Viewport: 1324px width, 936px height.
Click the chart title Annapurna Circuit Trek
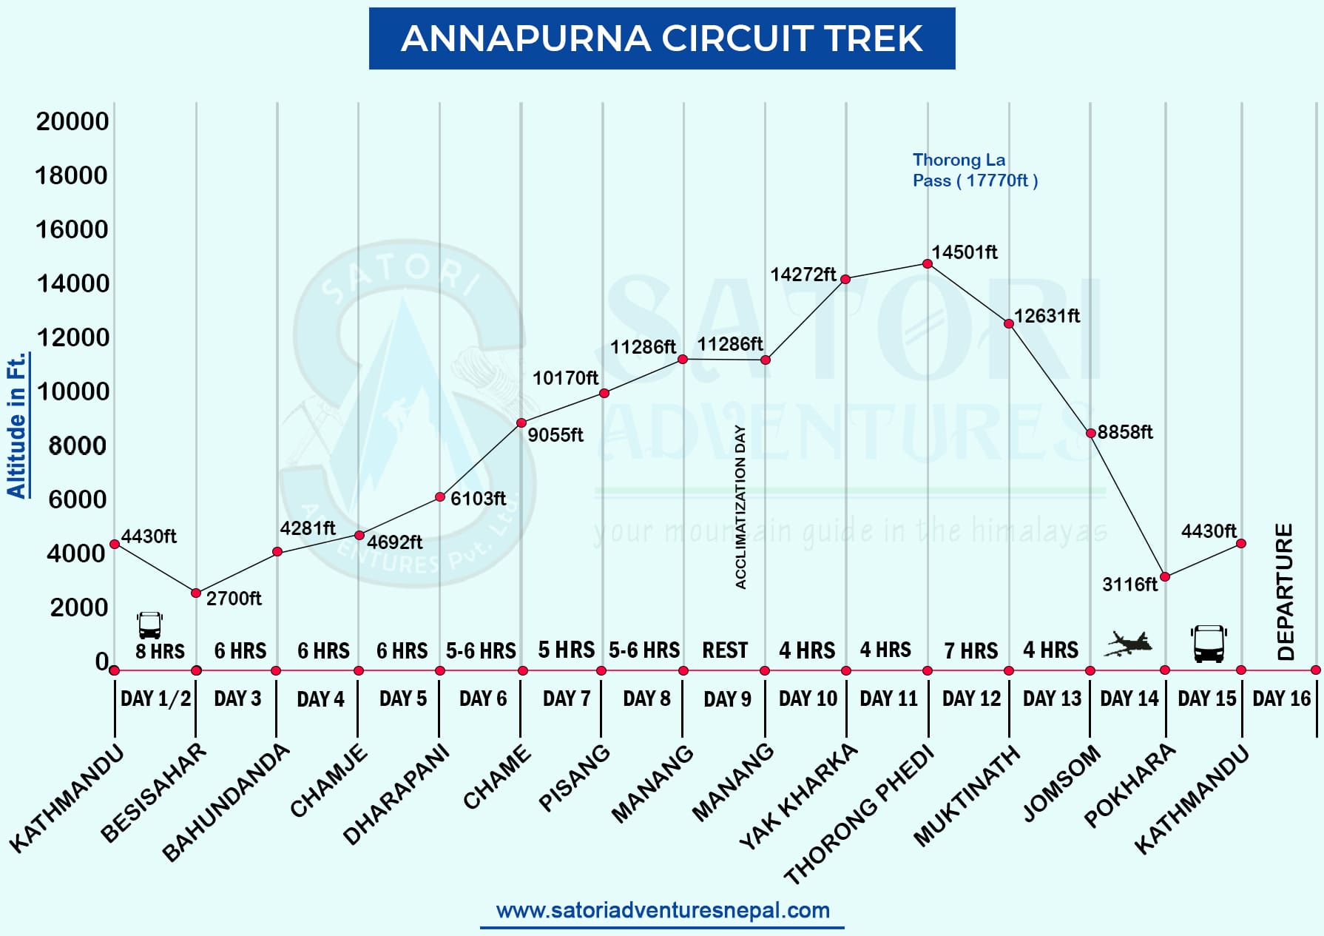[x=661, y=38]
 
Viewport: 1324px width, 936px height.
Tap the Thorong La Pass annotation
[x=974, y=170]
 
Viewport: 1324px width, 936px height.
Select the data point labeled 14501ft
[x=928, y=264]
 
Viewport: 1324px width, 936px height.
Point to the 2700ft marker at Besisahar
[x=196, y=593]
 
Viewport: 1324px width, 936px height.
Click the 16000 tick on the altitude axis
[x=72, y=229]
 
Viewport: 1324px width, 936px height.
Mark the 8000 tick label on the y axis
[x=77, y=445]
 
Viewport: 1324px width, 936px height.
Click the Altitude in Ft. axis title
[x=16, y=425]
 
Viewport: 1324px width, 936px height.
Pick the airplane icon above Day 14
[x=1128, y=644]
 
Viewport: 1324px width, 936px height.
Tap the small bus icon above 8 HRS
[x=149, y=625]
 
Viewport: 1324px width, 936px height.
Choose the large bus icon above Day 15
[x=1209, y=644]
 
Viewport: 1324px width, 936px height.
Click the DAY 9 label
[x=727, y=699]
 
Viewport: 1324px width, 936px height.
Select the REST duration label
[x=725, y=650]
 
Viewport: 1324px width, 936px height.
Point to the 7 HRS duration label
[x=970, y=651]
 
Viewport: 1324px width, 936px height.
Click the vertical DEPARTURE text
[x=1285, y=591]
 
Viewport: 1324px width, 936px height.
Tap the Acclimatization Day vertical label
[x=740, y=507]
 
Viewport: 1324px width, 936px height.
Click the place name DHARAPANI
[x=396, y=795]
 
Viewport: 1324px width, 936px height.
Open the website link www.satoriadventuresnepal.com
[x=663, y=910]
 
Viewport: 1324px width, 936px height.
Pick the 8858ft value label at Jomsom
[x=1124, y=432]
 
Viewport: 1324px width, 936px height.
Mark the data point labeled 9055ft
[x=521, y=423]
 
